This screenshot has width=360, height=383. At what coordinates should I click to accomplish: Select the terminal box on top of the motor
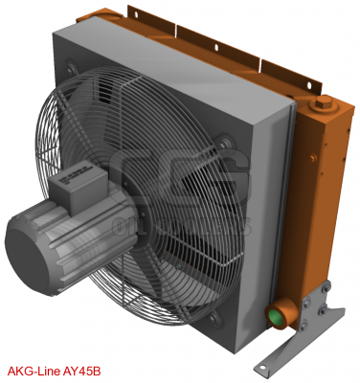pos(88,186)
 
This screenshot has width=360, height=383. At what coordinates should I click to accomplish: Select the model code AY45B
pos(85,370)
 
